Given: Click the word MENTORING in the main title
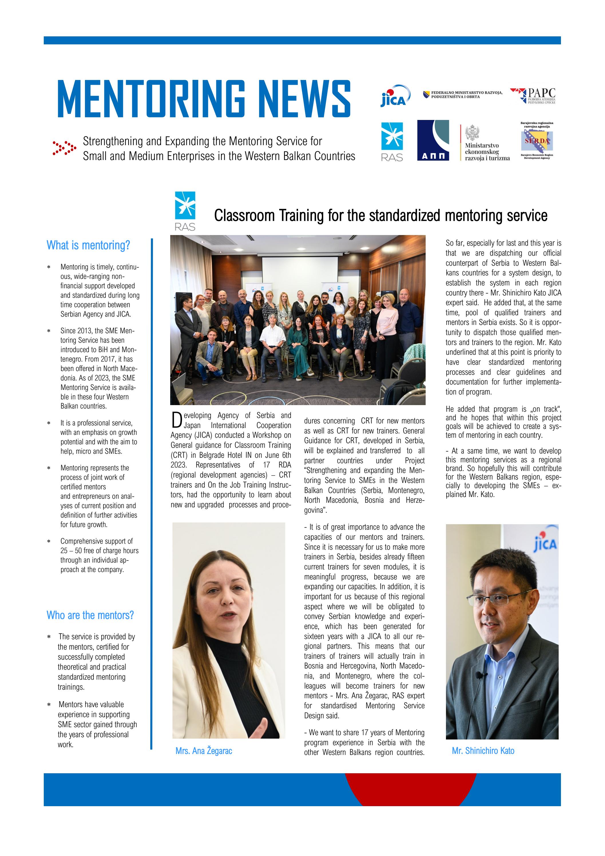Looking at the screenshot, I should click(x=151, y=99).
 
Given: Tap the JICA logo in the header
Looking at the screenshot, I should click(x=395, y=96).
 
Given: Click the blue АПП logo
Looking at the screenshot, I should click(x=433, y=140).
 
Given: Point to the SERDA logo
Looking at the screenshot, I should click(x=537, y=141).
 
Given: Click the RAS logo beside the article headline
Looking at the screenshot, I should click(x=185, y=211).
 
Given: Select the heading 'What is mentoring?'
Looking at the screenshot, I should click(x=88, y=245).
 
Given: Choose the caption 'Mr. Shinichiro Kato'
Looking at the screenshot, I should click(x=483, y=751).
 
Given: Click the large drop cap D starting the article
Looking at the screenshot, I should click(x=176, y=420).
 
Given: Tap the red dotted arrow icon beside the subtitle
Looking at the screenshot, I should click(x=64, y=148).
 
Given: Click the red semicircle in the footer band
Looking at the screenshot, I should click(x=410, y=788).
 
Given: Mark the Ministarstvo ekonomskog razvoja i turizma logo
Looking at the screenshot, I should click(x=485, y=143).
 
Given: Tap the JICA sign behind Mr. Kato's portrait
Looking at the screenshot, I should click(x=545, y=544).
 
